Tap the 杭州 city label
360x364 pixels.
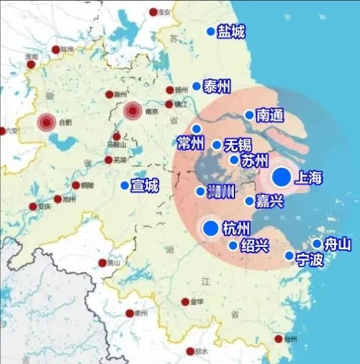tap(237, 229)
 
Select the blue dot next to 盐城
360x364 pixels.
tap(211, 32)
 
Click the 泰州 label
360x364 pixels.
tap(217, 87)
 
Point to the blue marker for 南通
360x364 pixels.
tap(250, 115)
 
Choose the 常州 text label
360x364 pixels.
tap(190, 143)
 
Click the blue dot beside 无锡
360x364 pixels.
tap(217, 145)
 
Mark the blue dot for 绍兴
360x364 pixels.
tap(233, 246)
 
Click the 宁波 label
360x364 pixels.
tap(309, 259)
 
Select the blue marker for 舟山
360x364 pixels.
tap(317, 244)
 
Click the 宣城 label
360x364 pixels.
tap(145, 185)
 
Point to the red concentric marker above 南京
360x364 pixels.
tap(132, 111)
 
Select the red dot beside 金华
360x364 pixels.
tap(185, 302)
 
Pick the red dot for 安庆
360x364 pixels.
tap(33, 206)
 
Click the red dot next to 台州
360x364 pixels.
tap(278, 339)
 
